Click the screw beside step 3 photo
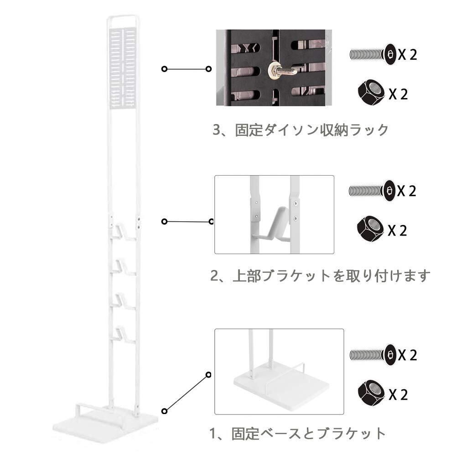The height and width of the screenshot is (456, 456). click(x=372, y=54)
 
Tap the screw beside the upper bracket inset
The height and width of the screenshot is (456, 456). click(x=372, y=190)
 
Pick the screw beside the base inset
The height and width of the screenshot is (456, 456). click(x=372, y=354)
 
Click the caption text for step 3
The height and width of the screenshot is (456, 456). click(x=301, y=130)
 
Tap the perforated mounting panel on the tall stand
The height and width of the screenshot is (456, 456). click(x=123, y=67)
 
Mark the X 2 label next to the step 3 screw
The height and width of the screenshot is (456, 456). click(x=407, y=55)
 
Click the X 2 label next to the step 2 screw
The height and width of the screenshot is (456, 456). click(x=407, y=191)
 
